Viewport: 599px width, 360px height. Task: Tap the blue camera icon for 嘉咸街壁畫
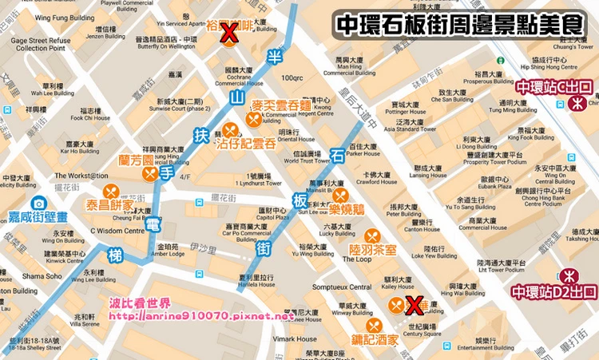pyautogui.click(x=38, y=204)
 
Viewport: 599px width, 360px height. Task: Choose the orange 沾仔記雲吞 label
pyautogui.click(x=245, y=144)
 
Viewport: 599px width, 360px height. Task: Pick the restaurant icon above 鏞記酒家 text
pyautogui.click(x=373, y=326)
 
